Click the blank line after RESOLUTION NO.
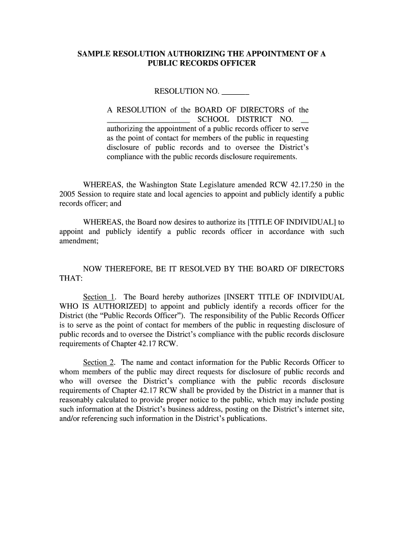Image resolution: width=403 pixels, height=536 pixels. (236, 92)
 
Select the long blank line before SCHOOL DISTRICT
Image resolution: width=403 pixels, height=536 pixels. (148, 119)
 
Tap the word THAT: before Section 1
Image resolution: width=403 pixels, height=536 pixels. (68, 278)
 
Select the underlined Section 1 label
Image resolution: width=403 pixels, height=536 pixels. (99, 297)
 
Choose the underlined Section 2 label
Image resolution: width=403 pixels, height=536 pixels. (99, 362)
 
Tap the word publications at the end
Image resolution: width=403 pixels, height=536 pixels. (245, 419)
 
